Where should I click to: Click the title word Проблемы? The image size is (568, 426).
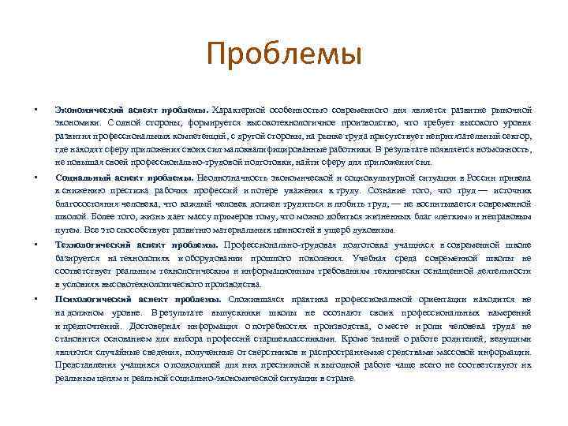coord(283,56)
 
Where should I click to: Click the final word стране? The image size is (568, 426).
coord(342,379)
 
